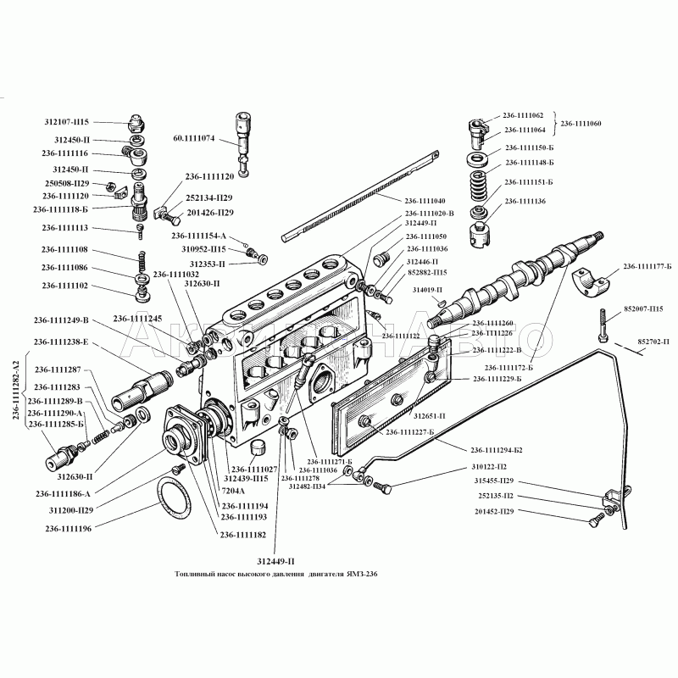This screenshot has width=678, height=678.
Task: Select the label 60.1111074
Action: [x=194, y=137]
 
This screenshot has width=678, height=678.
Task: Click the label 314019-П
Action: [x=426, y=290]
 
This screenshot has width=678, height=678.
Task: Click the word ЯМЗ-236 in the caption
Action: [x=360, y=574]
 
